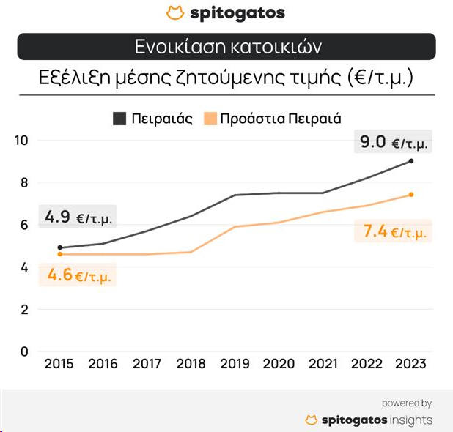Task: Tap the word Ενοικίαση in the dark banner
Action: click(178, 47)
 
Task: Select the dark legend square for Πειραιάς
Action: click(119, 118)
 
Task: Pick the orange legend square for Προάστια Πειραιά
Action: click(211, 118)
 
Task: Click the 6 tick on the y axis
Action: click(24, 225)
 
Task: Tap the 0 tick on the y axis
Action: click(24, 351)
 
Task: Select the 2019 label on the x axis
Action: click(235, 364)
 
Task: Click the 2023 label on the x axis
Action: click(410, 364)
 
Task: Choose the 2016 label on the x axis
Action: click(103, 364)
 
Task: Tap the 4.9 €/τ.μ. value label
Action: click(78, 217)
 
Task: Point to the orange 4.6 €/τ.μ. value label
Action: click(79, 276)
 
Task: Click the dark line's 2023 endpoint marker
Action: click(411, 161)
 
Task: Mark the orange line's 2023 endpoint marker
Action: click(411, 195)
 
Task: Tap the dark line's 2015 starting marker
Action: click(59, 247)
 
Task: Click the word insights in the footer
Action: click(410, 420)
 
